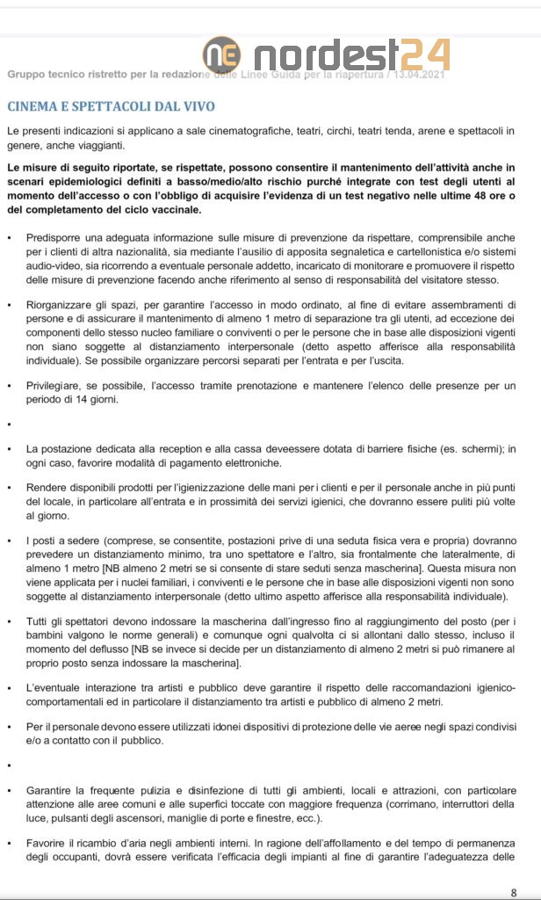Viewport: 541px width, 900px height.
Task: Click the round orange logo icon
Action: [x=221, y=54]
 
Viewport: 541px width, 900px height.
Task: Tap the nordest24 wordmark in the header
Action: [x=351, y=54]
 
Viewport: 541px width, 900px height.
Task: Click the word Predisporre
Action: [x=57, y=238]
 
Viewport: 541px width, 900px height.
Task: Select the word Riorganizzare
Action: [x=64, y=304]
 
